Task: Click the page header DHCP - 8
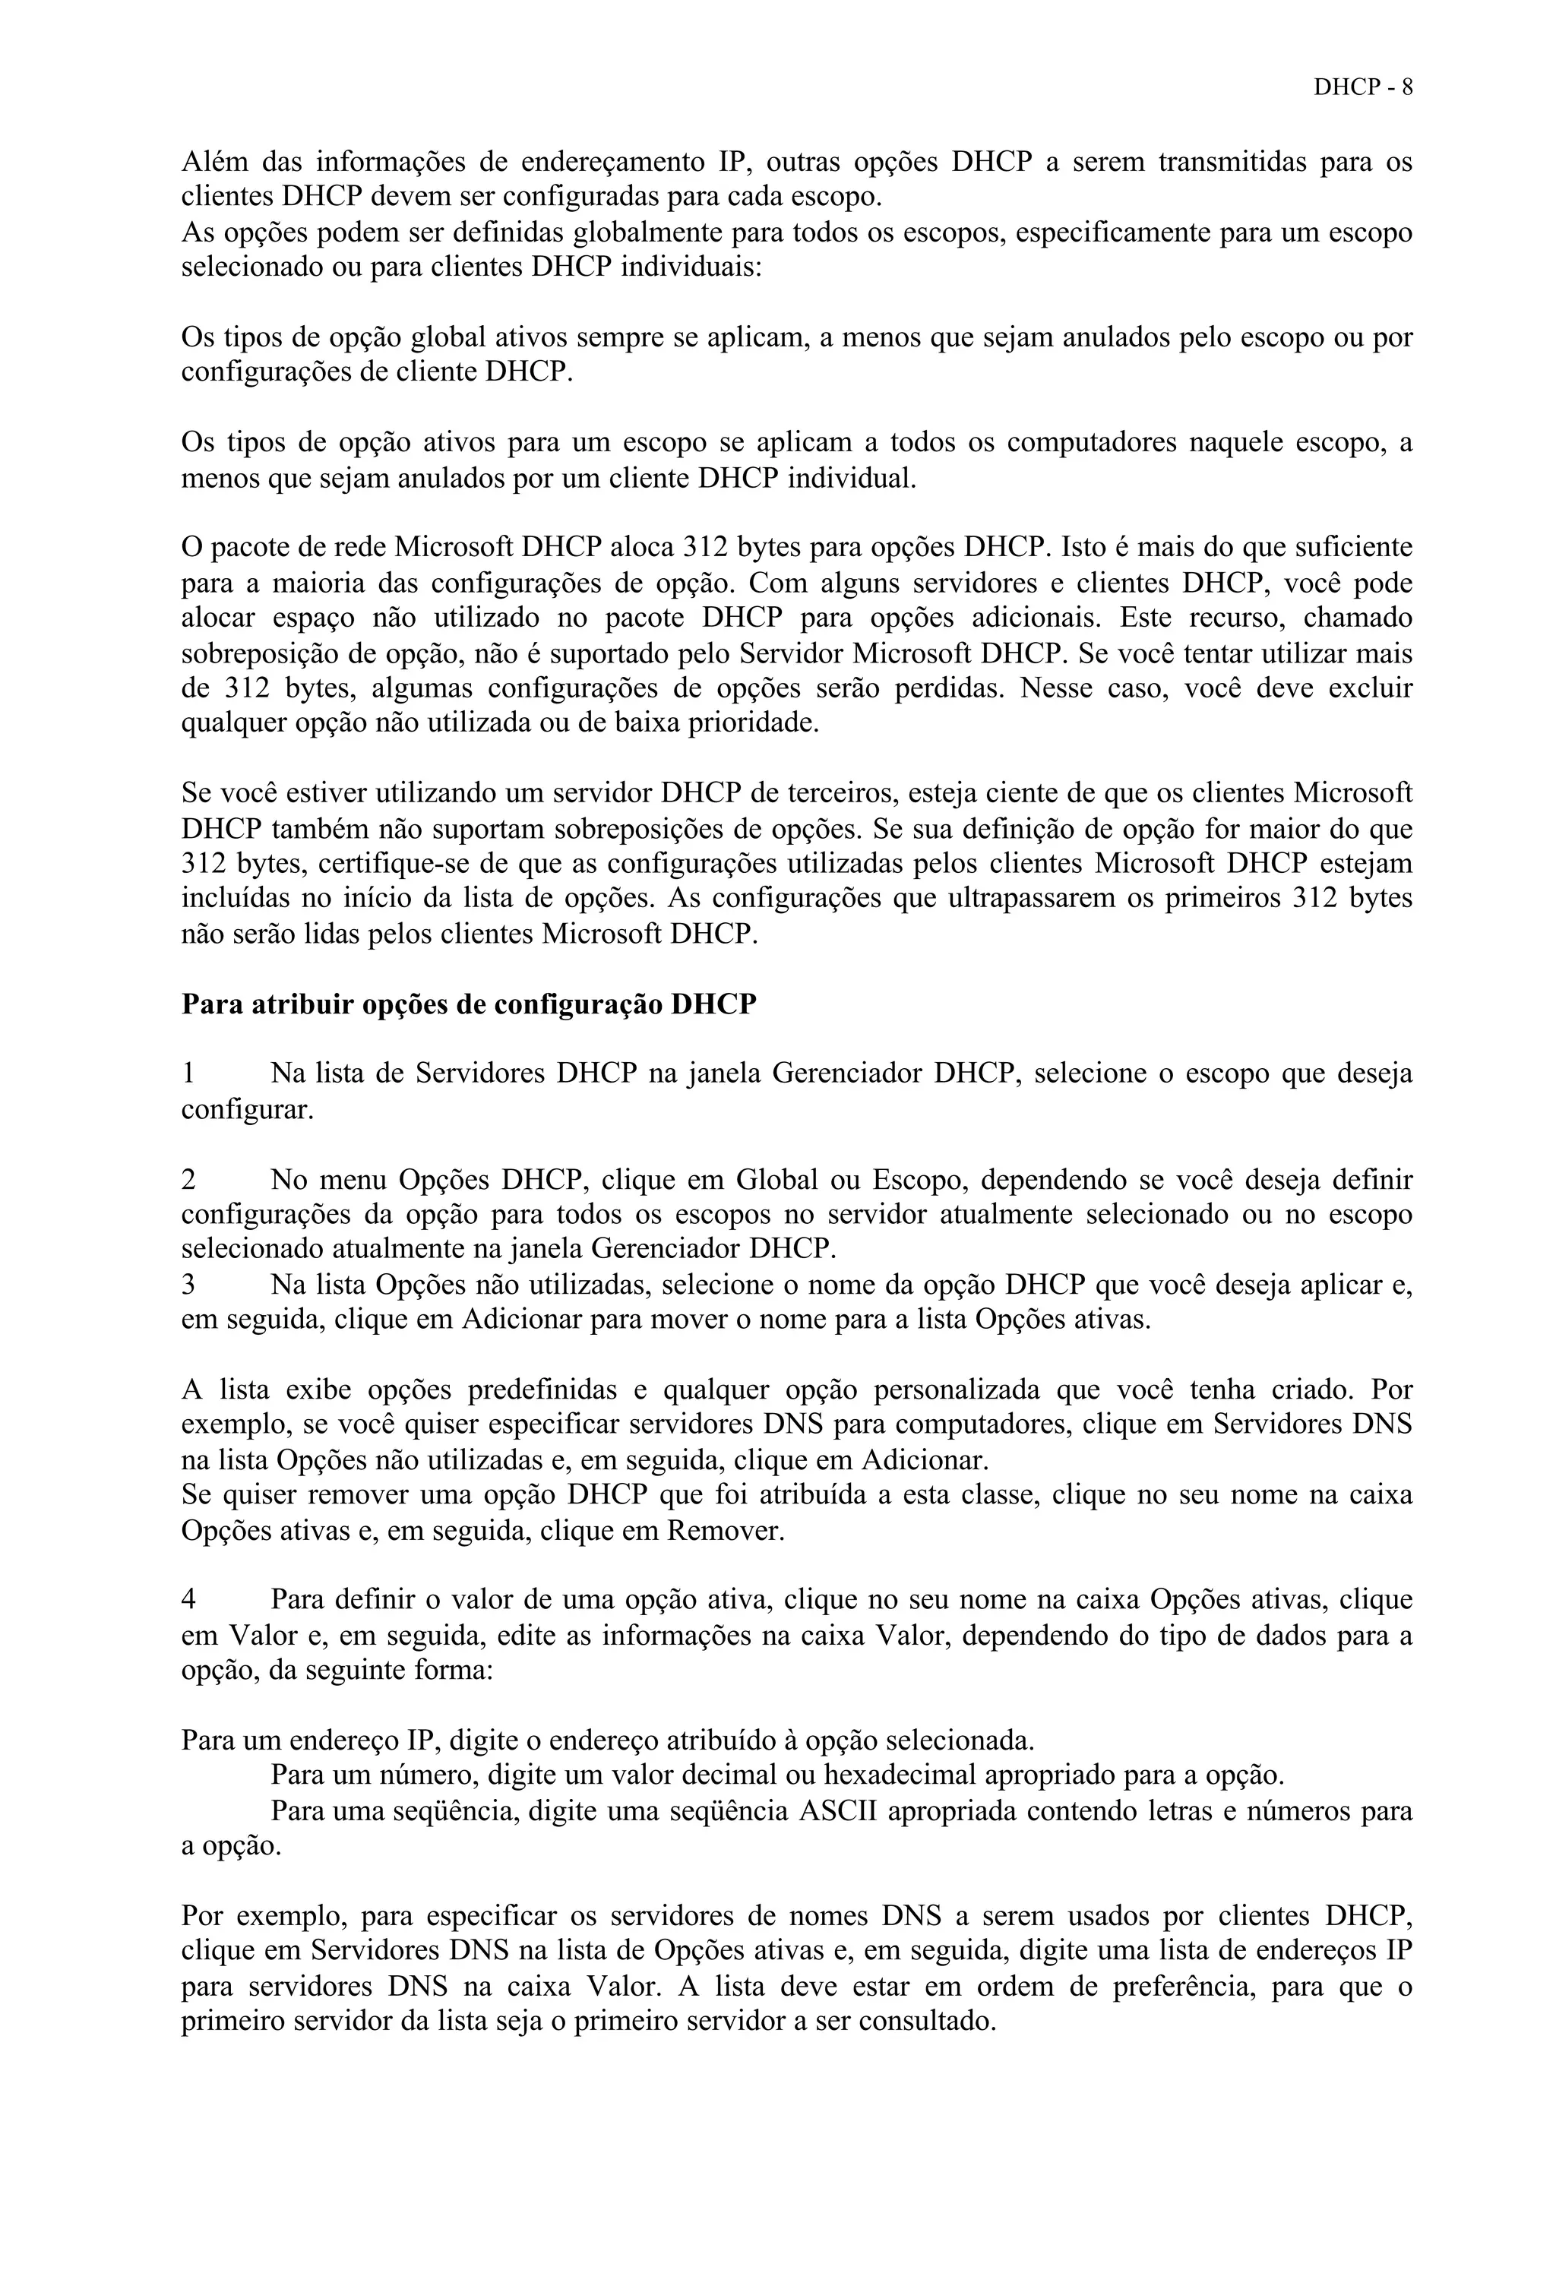(1362, 87)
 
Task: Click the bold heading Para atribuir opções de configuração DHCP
(469, 1004)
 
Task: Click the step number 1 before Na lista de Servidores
(188, 1074)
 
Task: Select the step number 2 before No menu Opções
(188, 1180)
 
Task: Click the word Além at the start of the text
(213, 161)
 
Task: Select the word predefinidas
(542, 1391)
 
